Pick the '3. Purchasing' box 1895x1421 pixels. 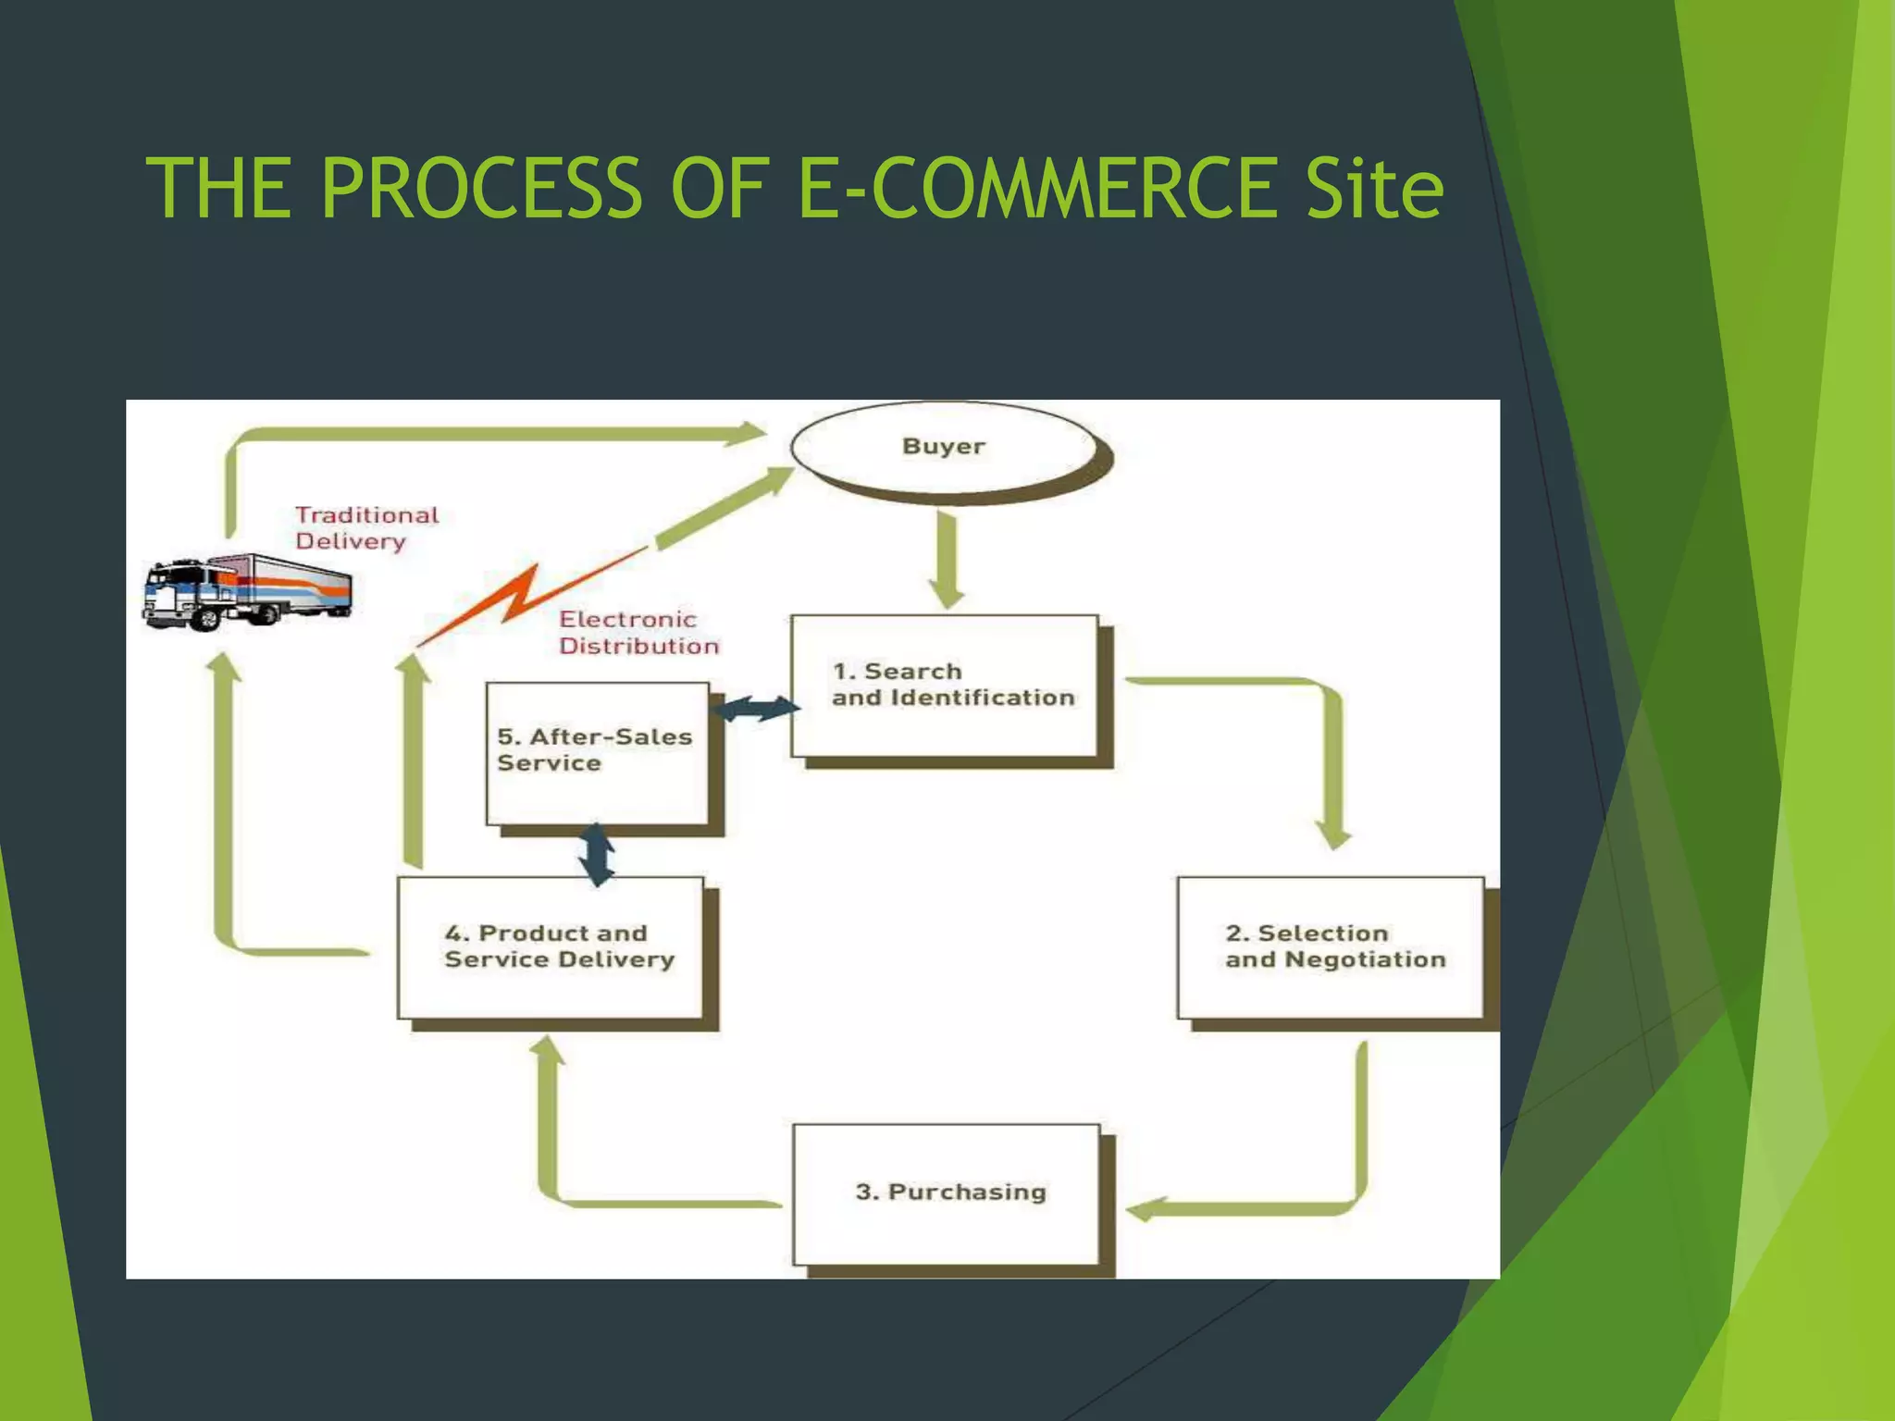[947, 1192]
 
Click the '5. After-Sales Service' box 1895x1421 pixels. [597, 752]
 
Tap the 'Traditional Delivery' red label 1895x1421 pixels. [366, 528]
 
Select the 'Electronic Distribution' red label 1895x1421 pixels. [638, 633]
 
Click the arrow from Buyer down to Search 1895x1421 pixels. [947, 560]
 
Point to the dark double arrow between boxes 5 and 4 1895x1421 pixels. [597, 854]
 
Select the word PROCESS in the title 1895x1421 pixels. [480, 189]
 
